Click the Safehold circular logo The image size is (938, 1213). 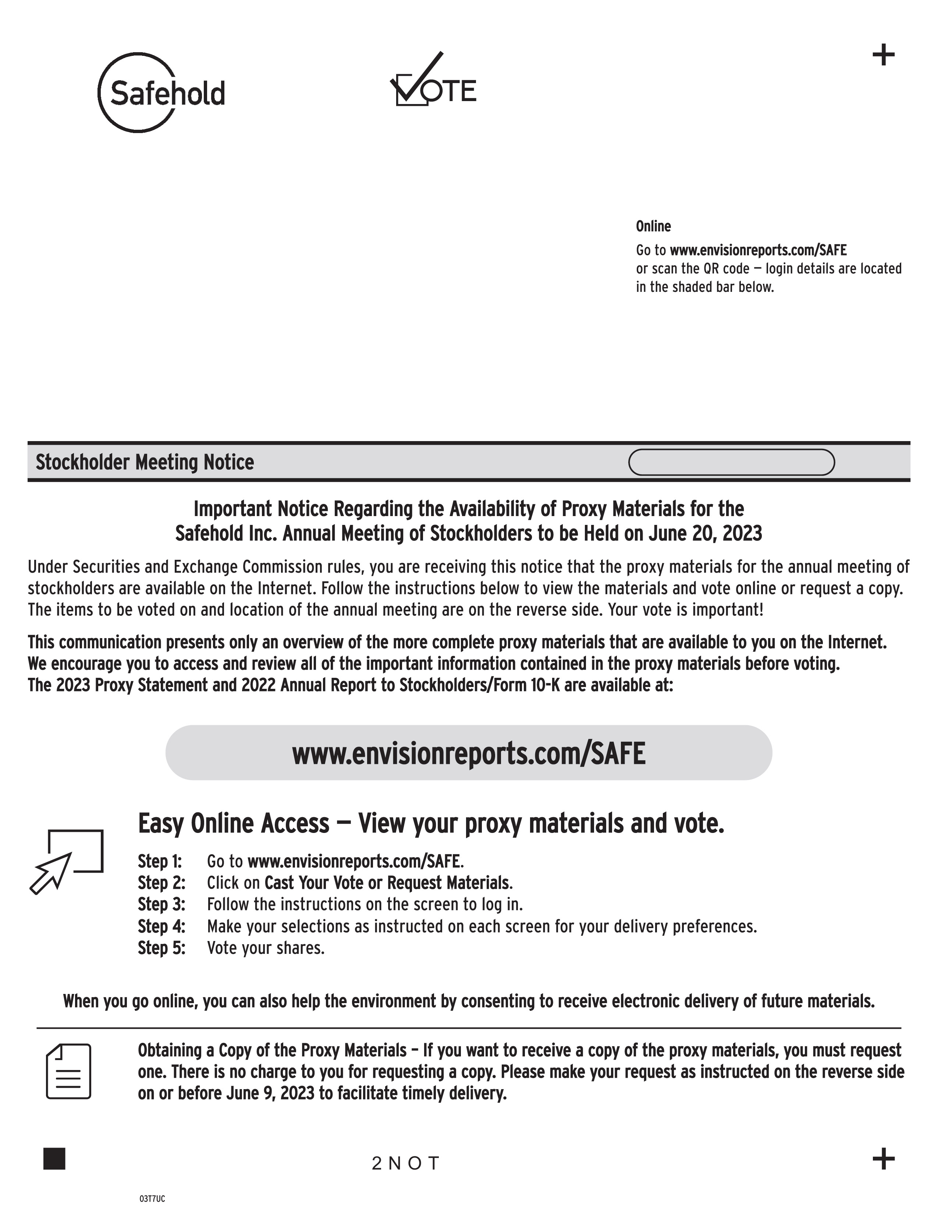tap(161, 92)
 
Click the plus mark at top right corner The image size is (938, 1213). tap(883, 55)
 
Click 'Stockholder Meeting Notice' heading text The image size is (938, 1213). tap(145, 462)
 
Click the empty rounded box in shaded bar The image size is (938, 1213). tap(731, 462)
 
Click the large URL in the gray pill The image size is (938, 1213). tap(468, 754)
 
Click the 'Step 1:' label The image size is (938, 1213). tap(160, 862)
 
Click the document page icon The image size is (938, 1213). tap(68, 1071)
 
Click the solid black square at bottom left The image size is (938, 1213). tap(54, 1159)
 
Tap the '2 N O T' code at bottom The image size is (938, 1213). tap(406, 1162)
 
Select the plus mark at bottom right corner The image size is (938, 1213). tap(883, 1159)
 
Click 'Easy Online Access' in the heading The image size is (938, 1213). tap(233, 823)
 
